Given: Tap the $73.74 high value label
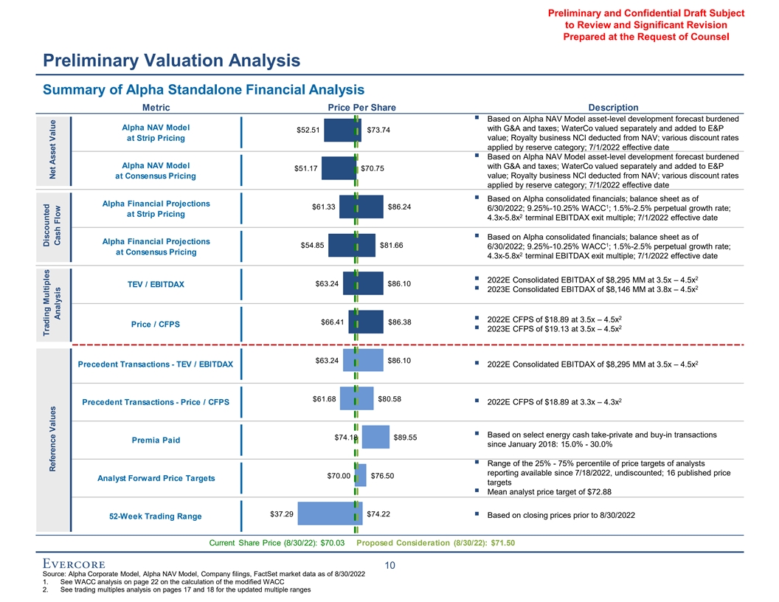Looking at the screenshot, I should coord(378,131).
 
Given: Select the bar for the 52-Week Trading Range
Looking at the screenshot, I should coord(325,514).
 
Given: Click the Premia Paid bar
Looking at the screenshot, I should coord(376,437).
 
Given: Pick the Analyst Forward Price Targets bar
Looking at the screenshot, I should coord(361,475).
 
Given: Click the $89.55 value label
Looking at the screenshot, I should coord(405,437).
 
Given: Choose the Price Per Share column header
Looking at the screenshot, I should coord(361,108).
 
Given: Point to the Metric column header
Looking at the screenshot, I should coord(156,108).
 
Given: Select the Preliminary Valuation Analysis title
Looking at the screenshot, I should coord(172,60).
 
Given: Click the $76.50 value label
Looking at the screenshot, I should coord(382,475).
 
